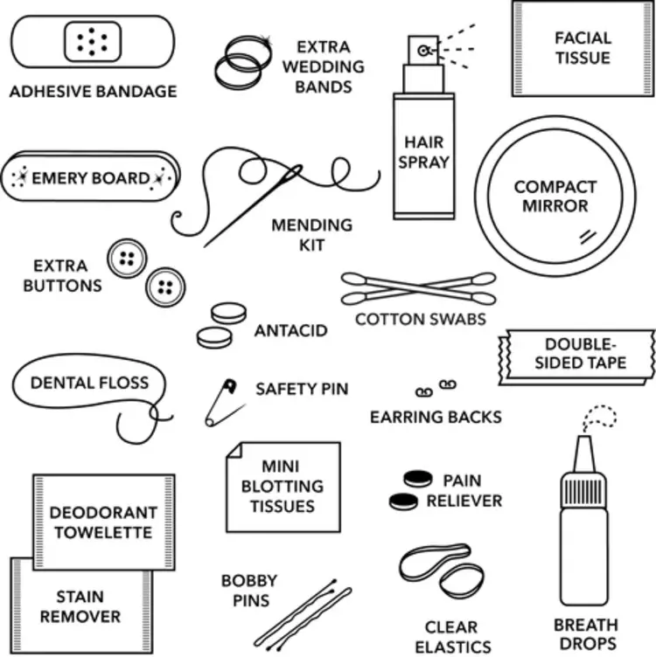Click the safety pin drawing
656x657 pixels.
click(221, 403)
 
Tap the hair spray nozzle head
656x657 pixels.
click(423, 52)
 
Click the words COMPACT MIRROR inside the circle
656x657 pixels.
click(555, 197)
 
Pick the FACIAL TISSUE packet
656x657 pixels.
click(581, 48)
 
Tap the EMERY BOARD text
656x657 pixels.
click(90, 178)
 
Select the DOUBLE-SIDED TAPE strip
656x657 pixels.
click(578, 354)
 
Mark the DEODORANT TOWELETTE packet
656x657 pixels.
click(102, 522)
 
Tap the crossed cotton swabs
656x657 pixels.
click(418, 287)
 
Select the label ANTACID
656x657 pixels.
click(290, 331)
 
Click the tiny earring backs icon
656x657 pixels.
click(434, 387)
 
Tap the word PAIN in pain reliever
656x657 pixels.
click(462, 481)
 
